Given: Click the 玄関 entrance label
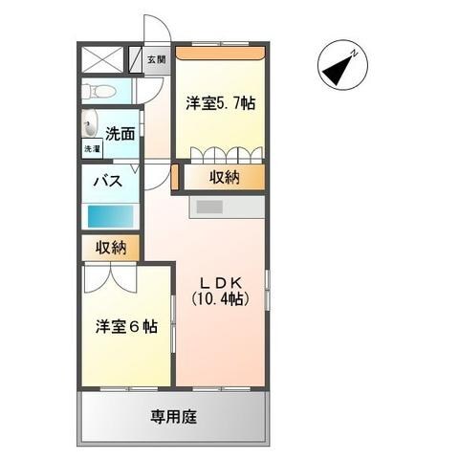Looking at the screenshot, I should click(x=155, y=60).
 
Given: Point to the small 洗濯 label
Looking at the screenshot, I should click(x=91, y=149).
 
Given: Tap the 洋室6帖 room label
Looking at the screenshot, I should click(x=125, y=327).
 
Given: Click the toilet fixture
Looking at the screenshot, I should click(x=99, y=92).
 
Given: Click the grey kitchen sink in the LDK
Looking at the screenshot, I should click(x=208, y=207).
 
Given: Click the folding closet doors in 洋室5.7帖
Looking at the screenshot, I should click(x=225, y=155).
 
